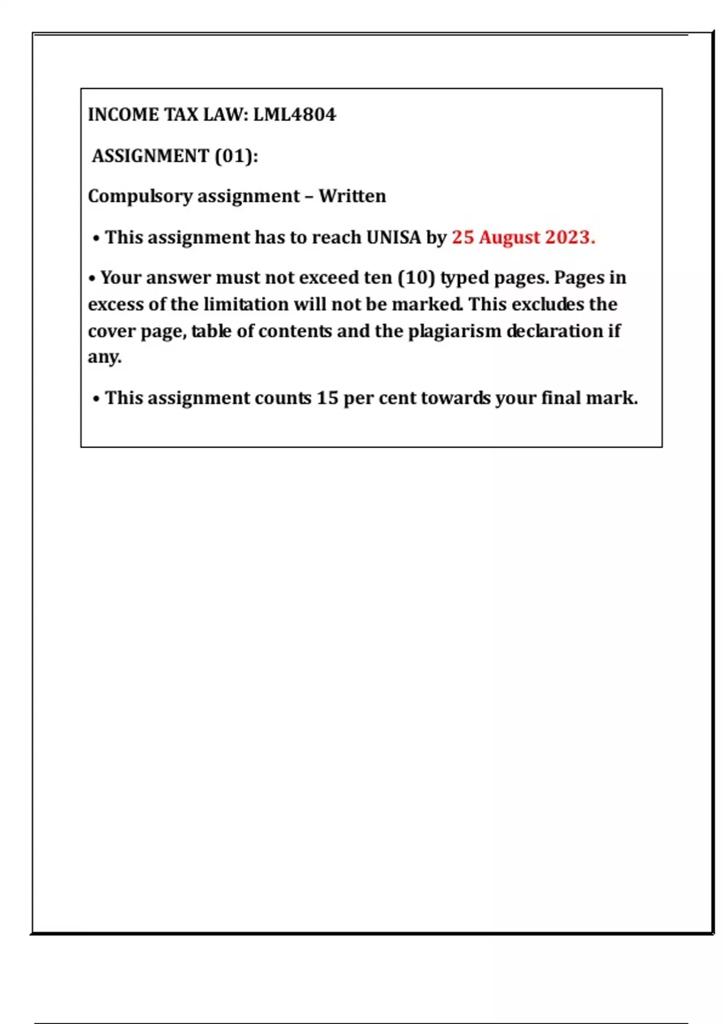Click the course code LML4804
(294, 114)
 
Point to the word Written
(352, 196)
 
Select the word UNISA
(393, 237)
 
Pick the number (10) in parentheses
(416, 278)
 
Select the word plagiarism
(455, 331)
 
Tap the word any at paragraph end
(104, 357)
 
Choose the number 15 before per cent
(327, 398)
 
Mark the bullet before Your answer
(92, 279)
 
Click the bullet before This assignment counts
(96, 399)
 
